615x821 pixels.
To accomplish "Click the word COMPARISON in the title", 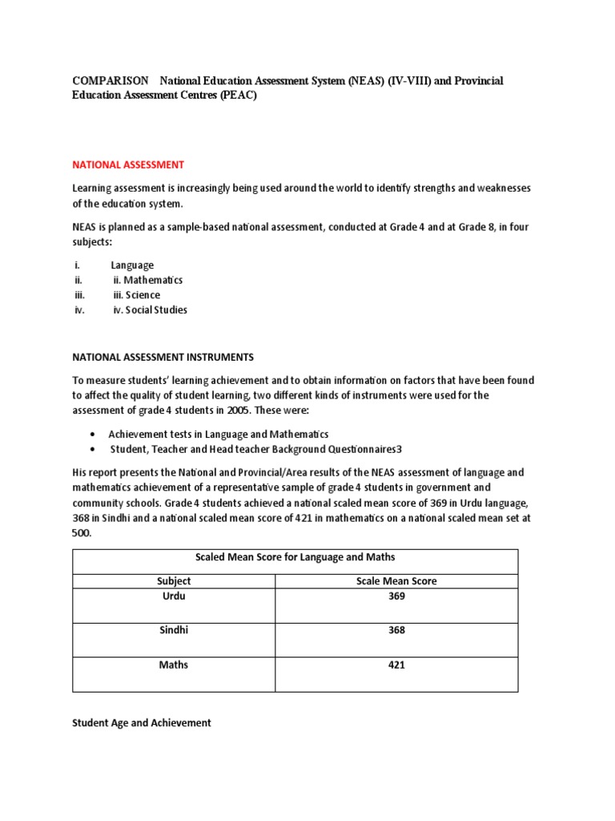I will click(x=111, y=81).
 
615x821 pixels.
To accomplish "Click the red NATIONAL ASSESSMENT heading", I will click(x=128, y=164).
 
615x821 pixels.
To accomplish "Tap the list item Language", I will click(x=132, y=265).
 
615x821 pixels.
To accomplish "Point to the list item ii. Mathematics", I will click(x=147, y=280).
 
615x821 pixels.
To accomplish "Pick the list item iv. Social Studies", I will click(x=150, y=309).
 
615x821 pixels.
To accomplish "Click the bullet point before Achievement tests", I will click(x=94, y=434).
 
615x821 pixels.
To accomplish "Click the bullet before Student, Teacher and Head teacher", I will click(x=94, y=449).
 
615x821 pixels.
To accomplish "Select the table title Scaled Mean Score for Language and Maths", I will click(x=295, y=557).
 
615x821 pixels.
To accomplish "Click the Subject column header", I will click(x=174, y=580).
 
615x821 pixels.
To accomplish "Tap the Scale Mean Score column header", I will click(x=396, y=580).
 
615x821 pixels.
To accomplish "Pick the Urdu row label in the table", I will click(x=174, y=597).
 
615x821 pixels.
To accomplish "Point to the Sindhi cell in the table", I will click(x=174, y=630).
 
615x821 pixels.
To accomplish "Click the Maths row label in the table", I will click(x=174, y=665).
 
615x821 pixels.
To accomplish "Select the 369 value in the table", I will click(x=396, y=597).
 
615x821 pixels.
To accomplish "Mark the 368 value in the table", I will click(x=396, y=630).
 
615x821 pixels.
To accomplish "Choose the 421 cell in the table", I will click(x=396, y=665).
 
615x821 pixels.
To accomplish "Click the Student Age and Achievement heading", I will click(x=142, y=722).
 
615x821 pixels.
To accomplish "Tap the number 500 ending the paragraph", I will click(x=82, y=532).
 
